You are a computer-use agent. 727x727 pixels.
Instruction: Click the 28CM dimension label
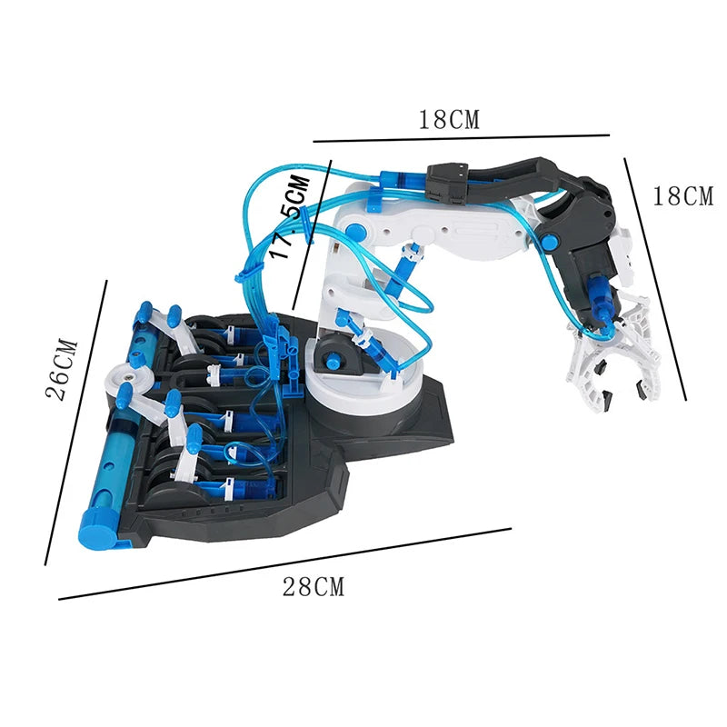point(314,587)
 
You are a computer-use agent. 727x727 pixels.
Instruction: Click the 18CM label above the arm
point(448,119)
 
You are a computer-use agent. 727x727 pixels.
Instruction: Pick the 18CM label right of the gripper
point(683,195)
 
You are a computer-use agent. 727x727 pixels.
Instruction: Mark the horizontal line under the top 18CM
point(461,138)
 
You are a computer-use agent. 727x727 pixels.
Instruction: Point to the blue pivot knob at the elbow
point(549,241)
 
